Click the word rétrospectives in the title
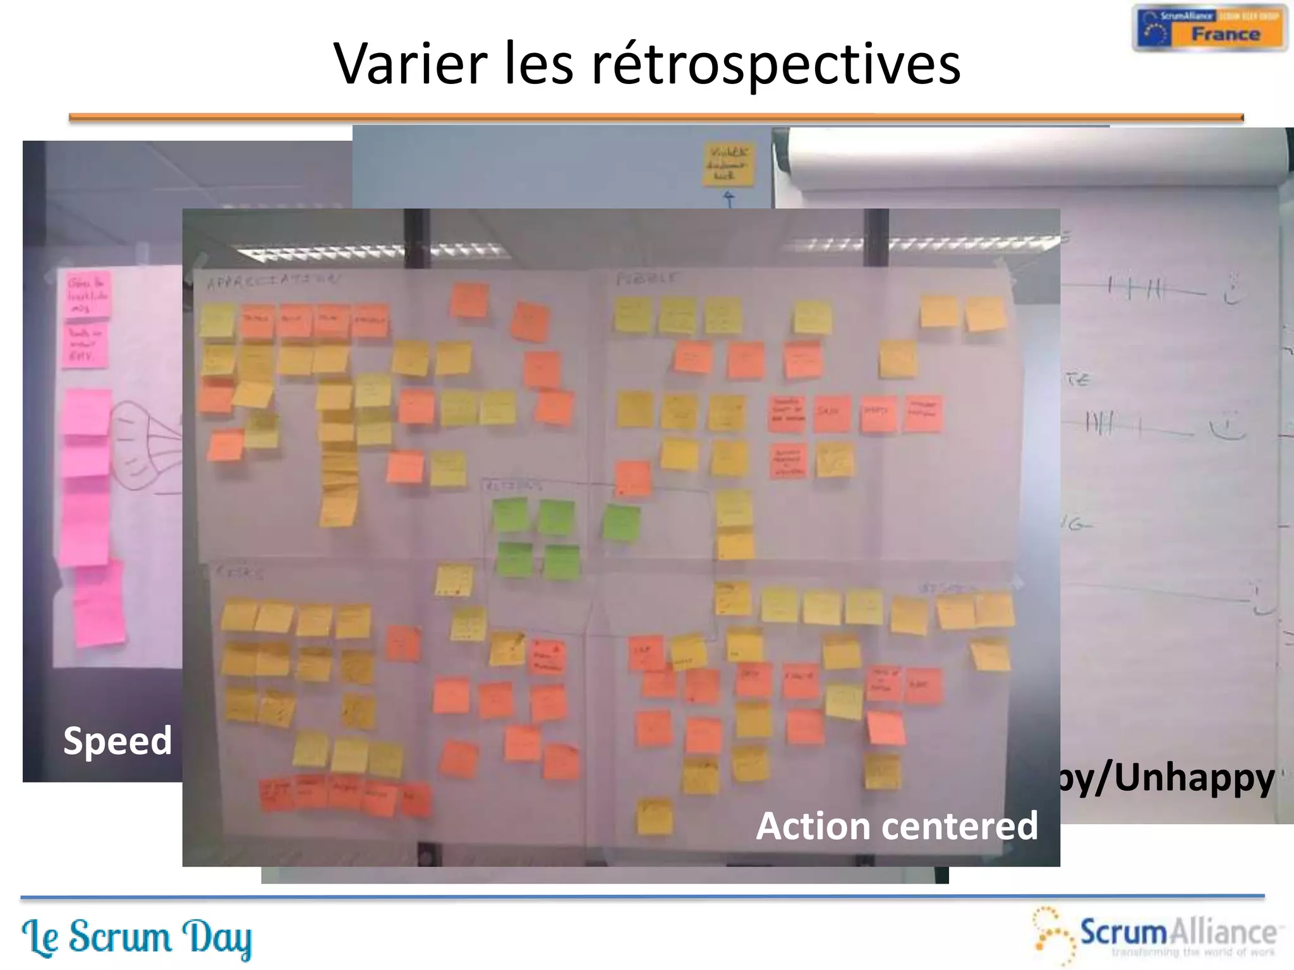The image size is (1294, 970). [776, 64]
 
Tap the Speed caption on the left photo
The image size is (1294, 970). [118, 741]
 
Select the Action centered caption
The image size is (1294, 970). [897, 826]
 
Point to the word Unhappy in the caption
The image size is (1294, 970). [1194, 778]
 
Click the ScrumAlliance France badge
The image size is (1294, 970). [1209, 28]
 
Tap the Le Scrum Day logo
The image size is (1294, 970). [136, 937]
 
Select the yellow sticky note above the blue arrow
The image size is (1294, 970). [729, 164]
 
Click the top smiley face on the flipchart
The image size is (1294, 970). [1232, 289]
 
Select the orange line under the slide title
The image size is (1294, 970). [656, 117]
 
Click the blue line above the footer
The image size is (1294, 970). [642, 897]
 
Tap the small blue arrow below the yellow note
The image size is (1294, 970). [729, 200]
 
